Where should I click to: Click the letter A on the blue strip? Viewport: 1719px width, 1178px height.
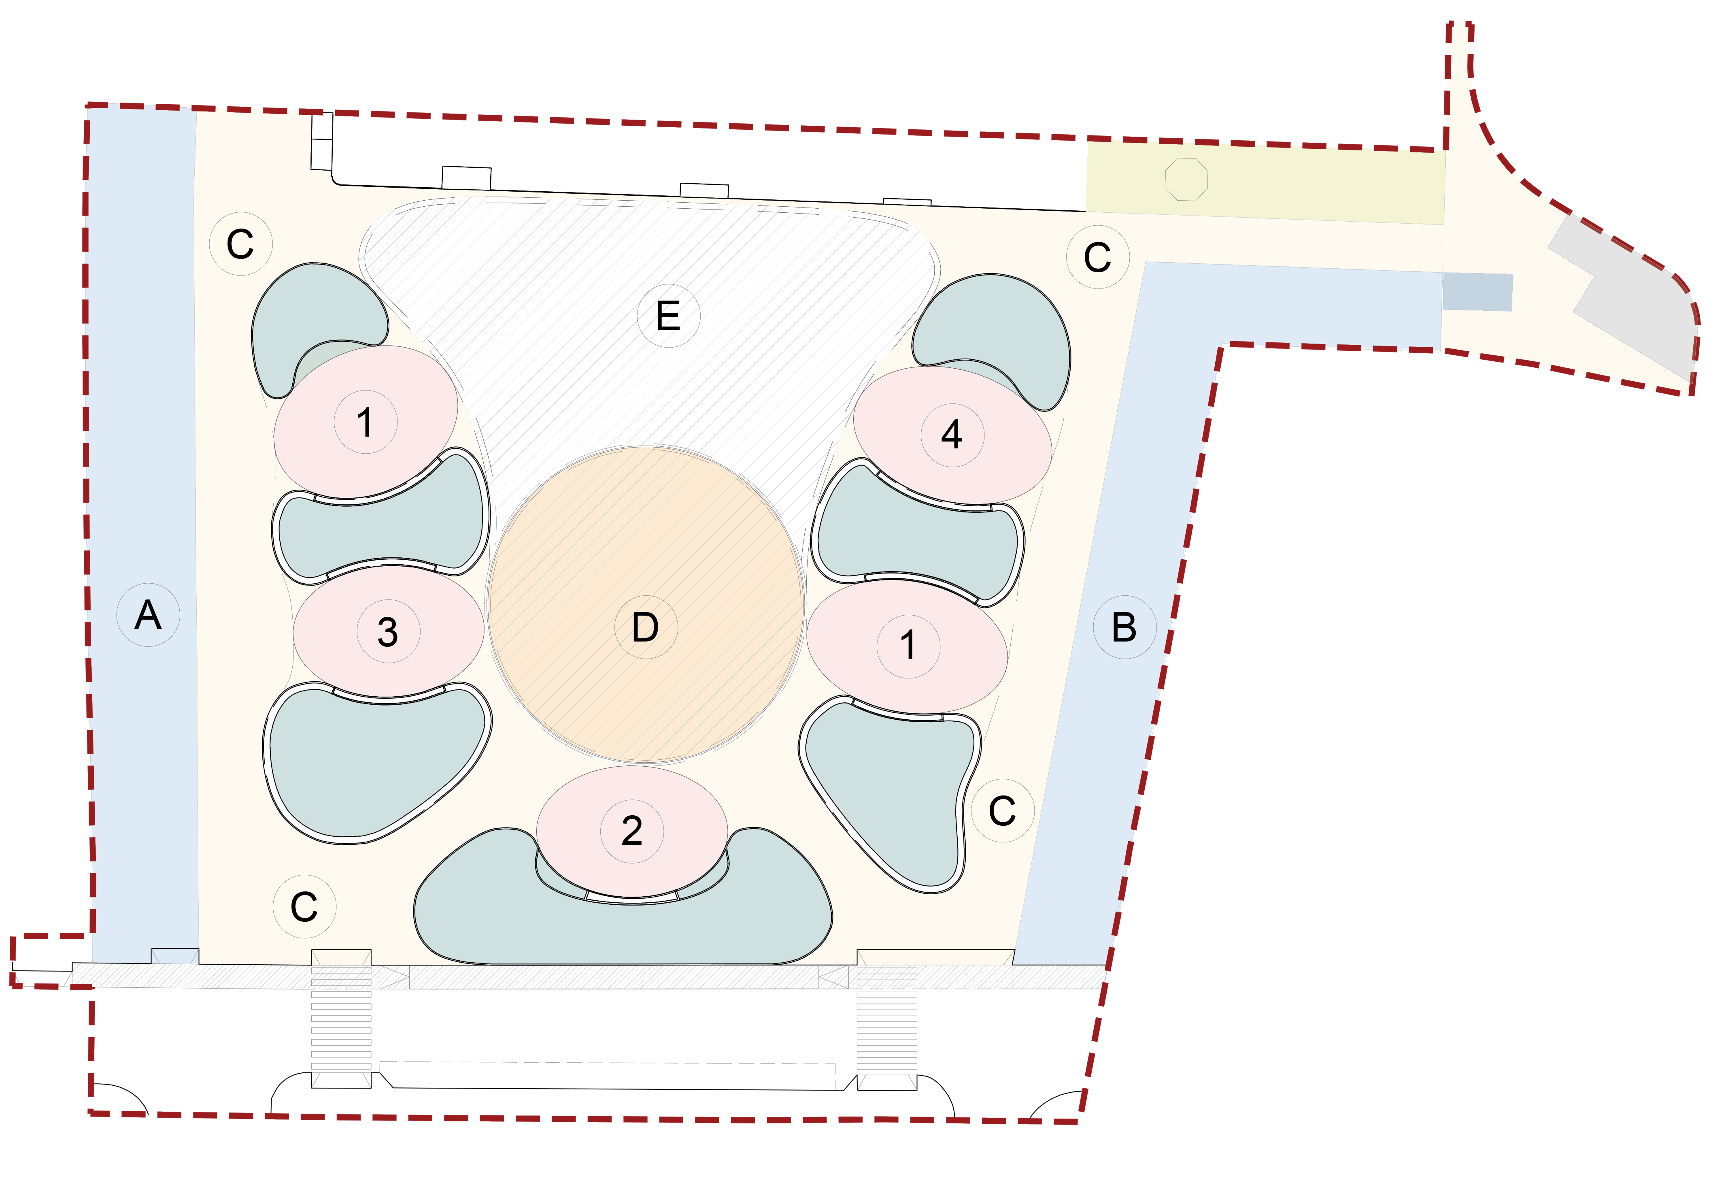(x=148, y=615)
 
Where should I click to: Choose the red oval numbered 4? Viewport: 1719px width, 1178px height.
(x=952, y=434)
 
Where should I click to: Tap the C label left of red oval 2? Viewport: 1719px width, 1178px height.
(x=304, y=907)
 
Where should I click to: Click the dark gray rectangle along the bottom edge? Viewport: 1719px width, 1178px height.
(x=614, y=1006)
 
